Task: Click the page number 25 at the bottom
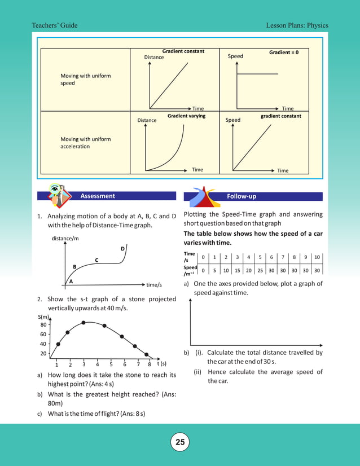[x=180, y=442]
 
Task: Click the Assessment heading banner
[x=98, y=196]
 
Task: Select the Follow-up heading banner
[x=241, y=196]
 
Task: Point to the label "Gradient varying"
[x=186, y=116]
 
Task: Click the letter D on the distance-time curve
[x=122, y=249]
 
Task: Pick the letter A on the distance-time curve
[x=71, y=280]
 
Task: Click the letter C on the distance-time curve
[x=96, y=260]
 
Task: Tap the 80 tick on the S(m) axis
[x=43, y=325]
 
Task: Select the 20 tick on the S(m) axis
[x=43, y=354]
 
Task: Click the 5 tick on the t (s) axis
[x=111, y=364]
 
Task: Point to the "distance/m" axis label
[x=65, y=238]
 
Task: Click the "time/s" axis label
[x=154, y=285]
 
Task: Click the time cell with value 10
[x=317, y=257]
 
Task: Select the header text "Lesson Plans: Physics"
[x=297, y=25]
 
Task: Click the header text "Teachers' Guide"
[x=55, y=25]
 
